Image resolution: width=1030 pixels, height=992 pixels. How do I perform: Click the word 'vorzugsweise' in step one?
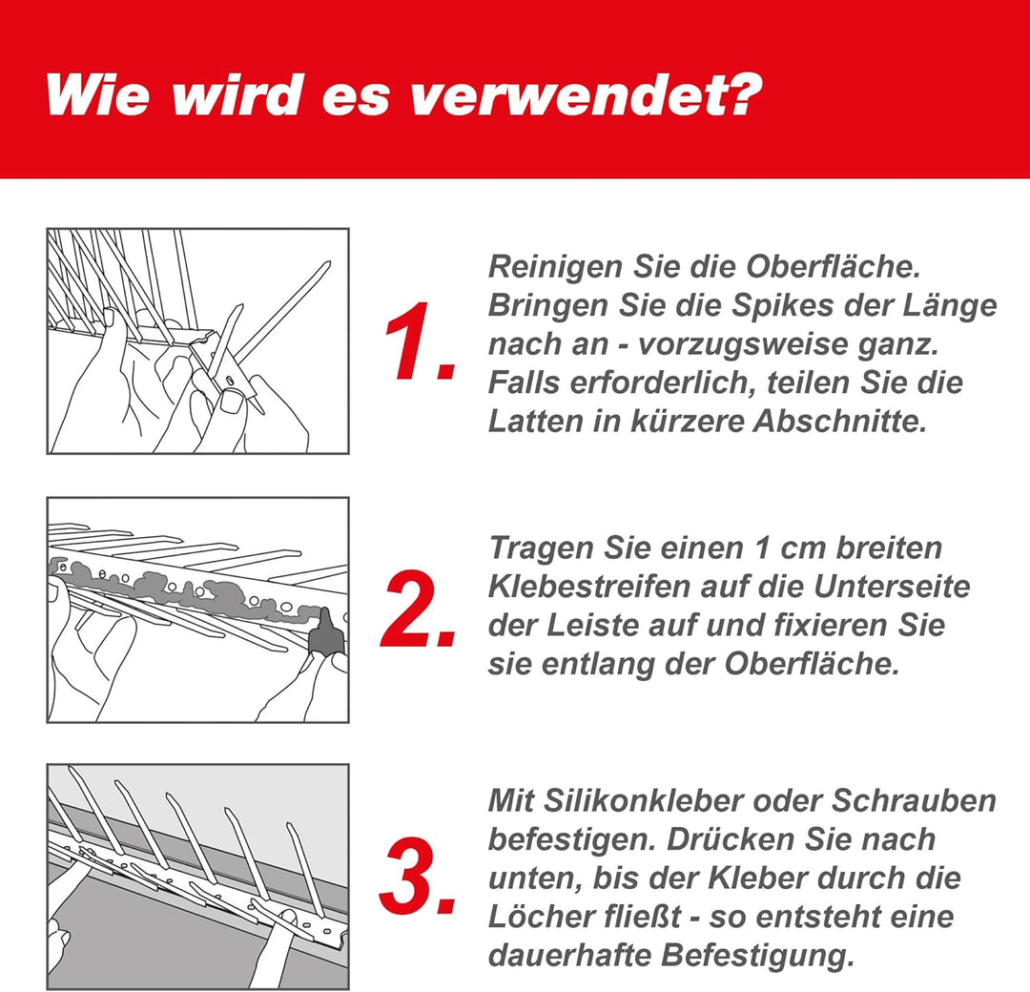[747, 344]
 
